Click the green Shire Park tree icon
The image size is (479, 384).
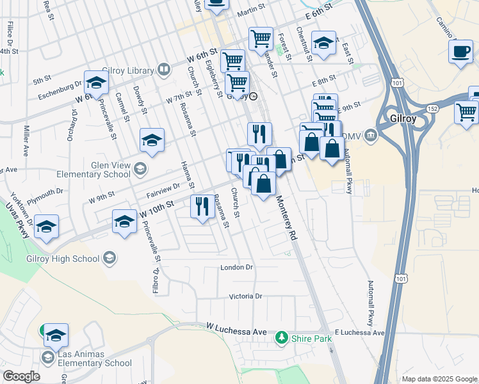(280, 337)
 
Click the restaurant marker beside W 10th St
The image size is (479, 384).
(202, 206)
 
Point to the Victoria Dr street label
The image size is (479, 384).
(246, 296)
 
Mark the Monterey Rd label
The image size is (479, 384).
(286, 218)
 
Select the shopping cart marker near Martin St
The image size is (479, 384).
(261, 40)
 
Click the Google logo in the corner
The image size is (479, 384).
(21, 376)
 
